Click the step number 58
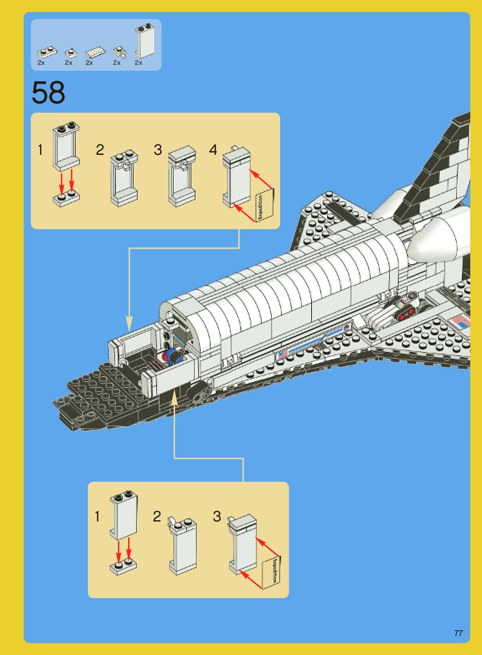48,92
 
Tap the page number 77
458,633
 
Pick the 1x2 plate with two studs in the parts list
47,51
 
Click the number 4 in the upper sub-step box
213,150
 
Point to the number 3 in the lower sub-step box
217,516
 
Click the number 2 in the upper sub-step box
100,150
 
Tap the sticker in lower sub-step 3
271,571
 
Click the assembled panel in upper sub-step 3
182,176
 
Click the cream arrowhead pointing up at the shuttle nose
174,400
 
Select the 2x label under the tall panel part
138,63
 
